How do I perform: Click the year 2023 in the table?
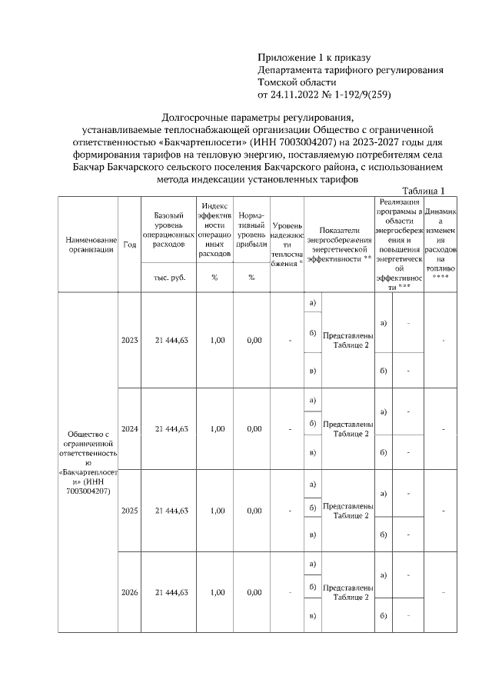click(128, 340)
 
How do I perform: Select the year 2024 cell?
click(128, 428)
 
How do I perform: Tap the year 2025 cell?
click(128, 510)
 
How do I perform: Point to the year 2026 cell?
click(128, 592)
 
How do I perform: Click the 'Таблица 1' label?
click(424, 191)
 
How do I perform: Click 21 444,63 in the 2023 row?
click(171, 340)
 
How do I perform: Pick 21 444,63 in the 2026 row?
click(171, 592)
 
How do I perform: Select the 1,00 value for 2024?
click(218, 428)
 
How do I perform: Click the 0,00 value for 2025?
click(254, 510)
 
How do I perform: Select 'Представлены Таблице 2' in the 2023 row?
click(347, 341)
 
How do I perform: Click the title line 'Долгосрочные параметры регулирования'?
click(258, 118)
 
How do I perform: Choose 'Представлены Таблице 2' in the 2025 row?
click(347, 511)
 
